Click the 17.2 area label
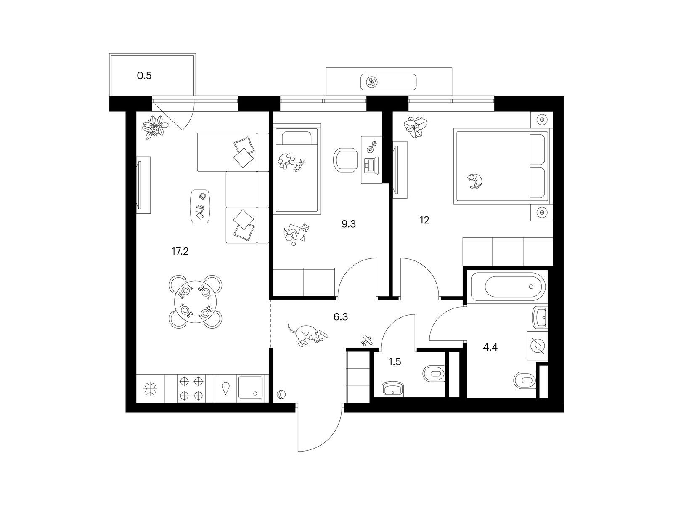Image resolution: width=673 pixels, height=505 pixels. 180,251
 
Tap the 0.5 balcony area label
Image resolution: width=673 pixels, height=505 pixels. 144,75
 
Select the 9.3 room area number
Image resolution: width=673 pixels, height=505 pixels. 349,224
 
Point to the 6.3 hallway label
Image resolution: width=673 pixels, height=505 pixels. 341,317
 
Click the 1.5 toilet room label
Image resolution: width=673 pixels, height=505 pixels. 395,362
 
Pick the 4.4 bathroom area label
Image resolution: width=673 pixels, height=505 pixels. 490,348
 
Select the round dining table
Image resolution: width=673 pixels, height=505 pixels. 195,302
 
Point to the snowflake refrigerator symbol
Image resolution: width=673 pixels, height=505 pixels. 150,389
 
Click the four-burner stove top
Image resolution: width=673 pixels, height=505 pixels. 192,388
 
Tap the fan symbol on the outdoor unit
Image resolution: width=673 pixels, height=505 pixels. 372,82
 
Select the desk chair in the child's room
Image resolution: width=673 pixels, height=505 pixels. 346,160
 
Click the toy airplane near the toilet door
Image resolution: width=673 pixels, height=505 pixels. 367,340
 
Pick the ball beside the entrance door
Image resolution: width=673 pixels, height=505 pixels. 281,394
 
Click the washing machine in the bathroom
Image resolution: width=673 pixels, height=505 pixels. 537,346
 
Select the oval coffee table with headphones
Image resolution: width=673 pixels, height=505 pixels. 200,207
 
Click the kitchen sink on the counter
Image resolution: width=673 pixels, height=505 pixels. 251,388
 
